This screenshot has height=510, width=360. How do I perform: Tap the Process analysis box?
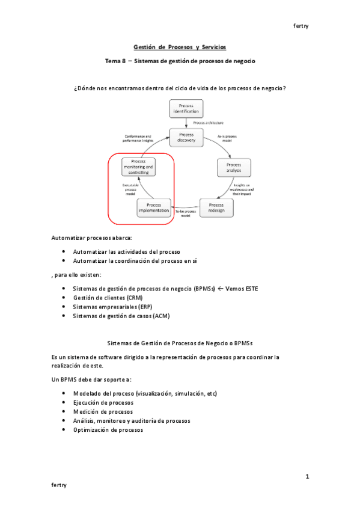coord(233,167)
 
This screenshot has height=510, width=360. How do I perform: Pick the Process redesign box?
coord(216,207)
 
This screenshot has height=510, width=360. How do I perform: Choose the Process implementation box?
coord(154,207)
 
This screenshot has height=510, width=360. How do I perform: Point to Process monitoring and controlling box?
coord(139,167)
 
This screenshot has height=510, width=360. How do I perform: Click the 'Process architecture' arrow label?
coord(209,123)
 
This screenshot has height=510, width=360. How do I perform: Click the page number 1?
coord(307,477)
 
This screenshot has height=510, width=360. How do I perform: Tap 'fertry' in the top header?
coord(300,26)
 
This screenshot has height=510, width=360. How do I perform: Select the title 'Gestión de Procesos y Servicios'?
coord(180,47)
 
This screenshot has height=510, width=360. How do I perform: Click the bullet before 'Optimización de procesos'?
coord(64,430)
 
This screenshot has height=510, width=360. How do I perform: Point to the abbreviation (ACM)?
coord(162,315)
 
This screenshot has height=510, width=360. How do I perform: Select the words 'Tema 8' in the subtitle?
coord(115,61)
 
